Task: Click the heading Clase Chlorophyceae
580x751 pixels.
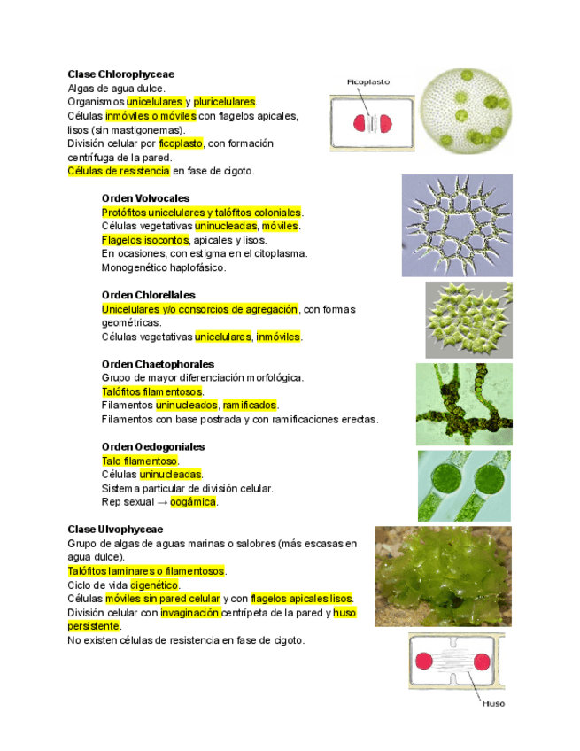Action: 120,74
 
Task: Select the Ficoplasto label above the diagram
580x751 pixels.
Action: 367,82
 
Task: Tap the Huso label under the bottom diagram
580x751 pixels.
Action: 493,704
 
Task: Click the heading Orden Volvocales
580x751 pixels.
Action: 145,198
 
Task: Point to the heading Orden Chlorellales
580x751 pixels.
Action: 149,295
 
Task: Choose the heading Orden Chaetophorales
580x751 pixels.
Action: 158,364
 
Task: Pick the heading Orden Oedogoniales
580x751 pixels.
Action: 153,447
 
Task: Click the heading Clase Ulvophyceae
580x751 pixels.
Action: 115,530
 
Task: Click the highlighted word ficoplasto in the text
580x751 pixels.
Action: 181,143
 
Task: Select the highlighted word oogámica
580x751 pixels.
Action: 193,502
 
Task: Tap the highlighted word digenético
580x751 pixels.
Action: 154,585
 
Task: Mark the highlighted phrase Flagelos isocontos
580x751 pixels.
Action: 145,240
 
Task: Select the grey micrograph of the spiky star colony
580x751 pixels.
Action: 457,225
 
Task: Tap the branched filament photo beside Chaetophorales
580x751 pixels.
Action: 463,404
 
